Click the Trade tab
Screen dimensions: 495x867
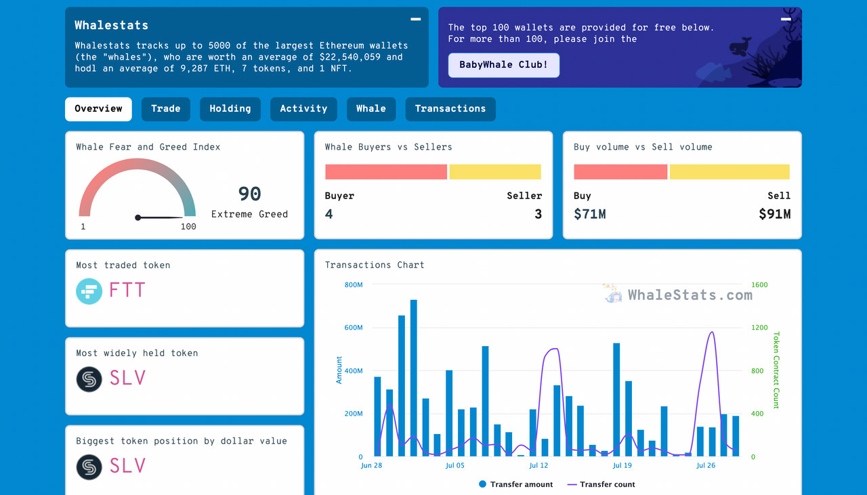click(166, 109)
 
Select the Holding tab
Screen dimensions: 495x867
click(230, 109)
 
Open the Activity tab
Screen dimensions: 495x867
click(303, 109)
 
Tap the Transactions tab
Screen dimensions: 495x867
click(450, 109)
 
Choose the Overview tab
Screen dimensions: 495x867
click(98, 109)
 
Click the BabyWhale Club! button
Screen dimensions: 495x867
click(503, 65)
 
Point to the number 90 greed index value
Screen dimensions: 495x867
click(249, 194)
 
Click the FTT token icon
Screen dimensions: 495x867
click(89, 291)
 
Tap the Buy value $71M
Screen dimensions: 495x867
click(589, 215)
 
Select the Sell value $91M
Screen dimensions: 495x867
click(774, 215)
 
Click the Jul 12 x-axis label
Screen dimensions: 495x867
click(538, 466)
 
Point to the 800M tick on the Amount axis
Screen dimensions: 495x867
click(354, 285)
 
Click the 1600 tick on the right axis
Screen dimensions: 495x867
click(759, 285)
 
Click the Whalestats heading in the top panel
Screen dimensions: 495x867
click(111, 26)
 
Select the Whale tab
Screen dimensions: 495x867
click(371, 109)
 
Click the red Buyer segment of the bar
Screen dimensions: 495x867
click(385, 172)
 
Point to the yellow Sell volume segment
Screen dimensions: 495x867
click(729, 172)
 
